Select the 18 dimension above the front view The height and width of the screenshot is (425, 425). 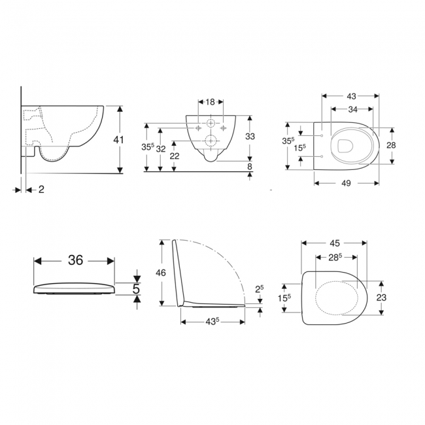click(211, 103)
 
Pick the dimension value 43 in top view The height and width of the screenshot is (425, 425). click(351, 96)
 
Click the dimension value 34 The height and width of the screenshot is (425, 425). click(351, 109)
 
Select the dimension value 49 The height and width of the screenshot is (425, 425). click(346, 183)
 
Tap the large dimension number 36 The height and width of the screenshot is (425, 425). click(75, 260)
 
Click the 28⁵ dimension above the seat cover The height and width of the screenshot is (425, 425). click(335, 257)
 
